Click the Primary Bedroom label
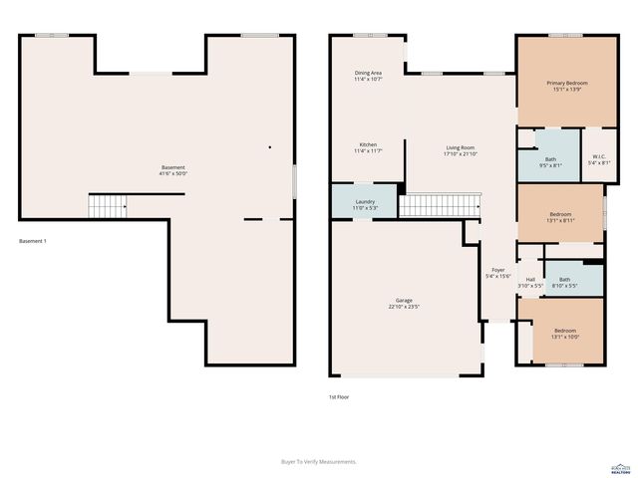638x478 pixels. click(565, 83)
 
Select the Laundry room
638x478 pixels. click(365, 201)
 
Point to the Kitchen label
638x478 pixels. click(368, 144)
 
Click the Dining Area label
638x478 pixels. click(368, 73)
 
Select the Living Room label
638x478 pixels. click(461, 147)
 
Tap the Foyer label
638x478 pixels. click(498, 271)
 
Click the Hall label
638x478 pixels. click(530, 280)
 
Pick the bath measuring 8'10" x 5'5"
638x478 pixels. click(564, 281)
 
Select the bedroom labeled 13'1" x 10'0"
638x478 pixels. click(564, 331)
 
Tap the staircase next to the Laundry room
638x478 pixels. click(440, 205)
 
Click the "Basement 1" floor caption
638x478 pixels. click(33, 242)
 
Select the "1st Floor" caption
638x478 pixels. click(339, 396)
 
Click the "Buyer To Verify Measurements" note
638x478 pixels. click(319, 461)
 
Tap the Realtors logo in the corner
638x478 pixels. click(620, 467)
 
